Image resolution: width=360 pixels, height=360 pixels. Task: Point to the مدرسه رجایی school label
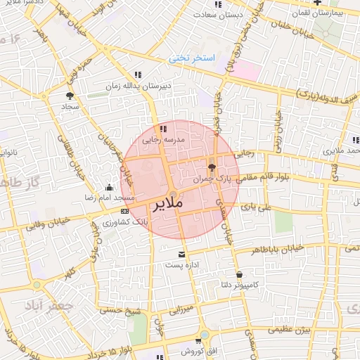click(x=162, y=140)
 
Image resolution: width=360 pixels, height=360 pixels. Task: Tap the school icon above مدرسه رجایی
click(x=163, y=129)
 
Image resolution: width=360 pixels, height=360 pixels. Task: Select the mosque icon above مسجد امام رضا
click(x=108, y=187)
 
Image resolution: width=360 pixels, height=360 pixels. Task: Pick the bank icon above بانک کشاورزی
click(x=124, y=211)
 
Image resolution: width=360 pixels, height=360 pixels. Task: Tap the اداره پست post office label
click(x=179, y=265)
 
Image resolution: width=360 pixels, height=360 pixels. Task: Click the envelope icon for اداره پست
click(x=182, y=254)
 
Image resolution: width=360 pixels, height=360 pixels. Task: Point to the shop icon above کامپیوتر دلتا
click(x=240, y=274)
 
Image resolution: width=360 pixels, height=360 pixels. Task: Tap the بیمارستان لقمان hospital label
click(x=337, y=13)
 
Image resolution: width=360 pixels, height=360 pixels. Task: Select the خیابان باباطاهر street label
click(x=281, y=249)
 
